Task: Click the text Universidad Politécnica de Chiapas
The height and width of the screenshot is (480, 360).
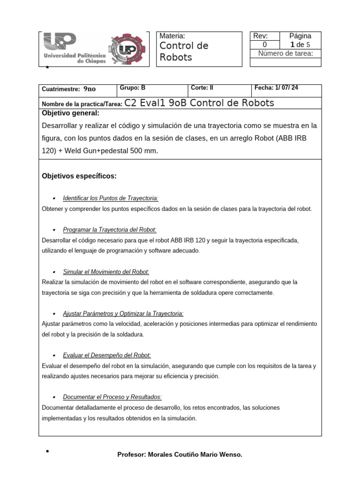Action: (x=75, y=58)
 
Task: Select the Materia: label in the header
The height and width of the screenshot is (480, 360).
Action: (x=172, y=36)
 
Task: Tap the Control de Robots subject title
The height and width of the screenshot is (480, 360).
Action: (x=184, y=52)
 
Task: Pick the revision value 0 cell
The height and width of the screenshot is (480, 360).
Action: (x=264, y=45)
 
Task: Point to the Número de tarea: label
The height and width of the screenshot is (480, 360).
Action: (x=286, y=53)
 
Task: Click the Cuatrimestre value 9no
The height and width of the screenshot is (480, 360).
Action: (x=89, y=89)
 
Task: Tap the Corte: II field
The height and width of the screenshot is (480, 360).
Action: (x=202, y=88)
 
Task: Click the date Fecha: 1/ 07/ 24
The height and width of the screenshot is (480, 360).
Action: (x=277, y=88)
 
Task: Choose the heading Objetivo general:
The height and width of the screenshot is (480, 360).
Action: (x=70, y=113)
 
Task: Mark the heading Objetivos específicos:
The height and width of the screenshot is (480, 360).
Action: (x=79, y=176)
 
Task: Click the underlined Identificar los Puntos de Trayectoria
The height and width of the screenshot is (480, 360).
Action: (x=111, y=198)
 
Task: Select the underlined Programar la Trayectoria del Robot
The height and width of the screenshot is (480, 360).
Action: (x=110, y=230)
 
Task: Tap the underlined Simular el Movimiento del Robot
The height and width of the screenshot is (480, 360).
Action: (x=106, y=272)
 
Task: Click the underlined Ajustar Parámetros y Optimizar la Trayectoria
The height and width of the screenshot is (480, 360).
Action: (x=123, y=313)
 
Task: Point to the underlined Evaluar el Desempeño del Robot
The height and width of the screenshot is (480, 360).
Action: (x=107, y=355)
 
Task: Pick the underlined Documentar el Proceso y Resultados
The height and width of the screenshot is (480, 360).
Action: (x=112, y=397)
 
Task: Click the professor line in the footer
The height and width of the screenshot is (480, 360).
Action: (x=180, y=455)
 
